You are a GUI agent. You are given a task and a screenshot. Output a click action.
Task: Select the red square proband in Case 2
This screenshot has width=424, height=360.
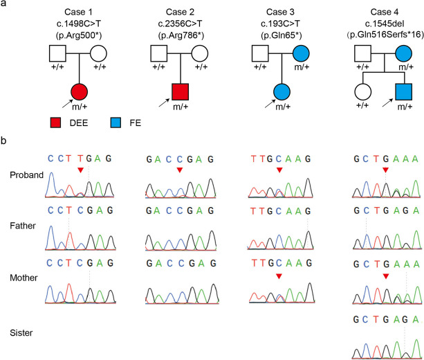[181, 91]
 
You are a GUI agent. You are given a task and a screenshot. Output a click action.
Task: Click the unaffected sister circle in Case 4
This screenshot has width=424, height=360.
[360, 91]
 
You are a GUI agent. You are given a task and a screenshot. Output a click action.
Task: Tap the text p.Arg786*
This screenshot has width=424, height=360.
[181, 33]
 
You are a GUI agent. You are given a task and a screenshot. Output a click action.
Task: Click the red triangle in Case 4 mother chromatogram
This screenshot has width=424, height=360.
[386, 276]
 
